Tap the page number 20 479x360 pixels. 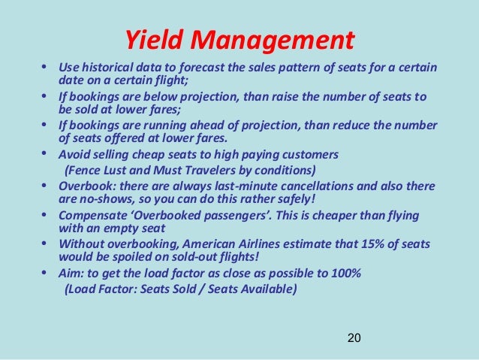(354, 338)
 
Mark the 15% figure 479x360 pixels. (366, 245)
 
